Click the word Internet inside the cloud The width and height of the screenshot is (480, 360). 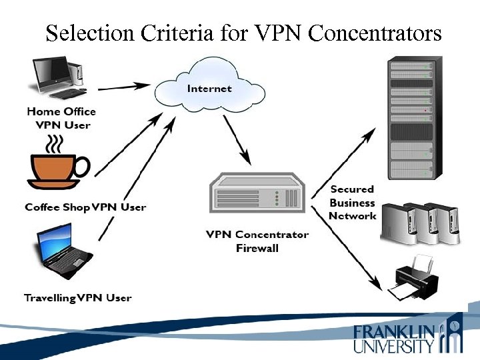[x=209, y=88]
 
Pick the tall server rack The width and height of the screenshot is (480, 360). [x=411, y=118]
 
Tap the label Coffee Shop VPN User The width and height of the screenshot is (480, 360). [x=85, y=207]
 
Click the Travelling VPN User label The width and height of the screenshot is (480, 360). [x=77, y=297]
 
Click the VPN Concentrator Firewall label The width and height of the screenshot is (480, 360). [x=257, y=241]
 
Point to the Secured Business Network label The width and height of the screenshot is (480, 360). [x=352, y=203]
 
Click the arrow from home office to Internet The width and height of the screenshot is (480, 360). [x=124, y=86]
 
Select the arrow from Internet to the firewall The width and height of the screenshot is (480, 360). [x=236, y=140]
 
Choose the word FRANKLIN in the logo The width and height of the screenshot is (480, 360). [x=394, y=332]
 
